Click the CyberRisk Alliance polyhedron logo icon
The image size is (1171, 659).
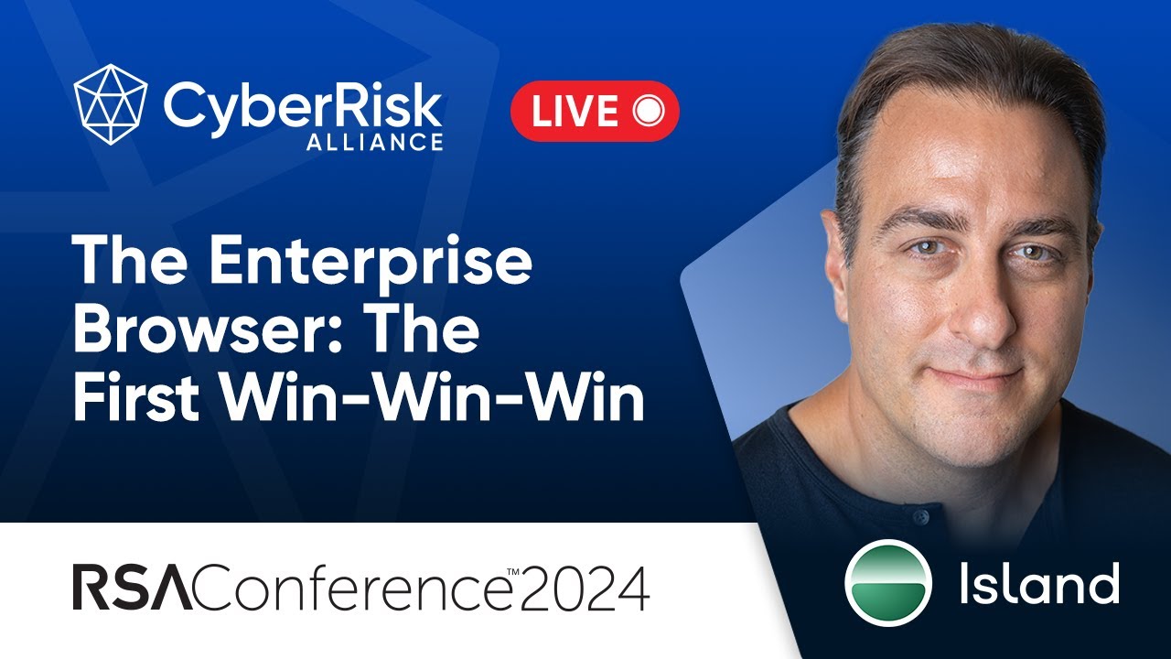(x=111, y=104)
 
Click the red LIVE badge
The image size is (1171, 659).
(x=595, y=111)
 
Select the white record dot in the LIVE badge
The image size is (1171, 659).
(x=647, y=111)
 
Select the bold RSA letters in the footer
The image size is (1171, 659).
(x=133, y=589)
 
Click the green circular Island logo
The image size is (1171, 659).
(x=888, y=583)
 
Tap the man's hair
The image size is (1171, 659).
(x=961, y=82)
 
